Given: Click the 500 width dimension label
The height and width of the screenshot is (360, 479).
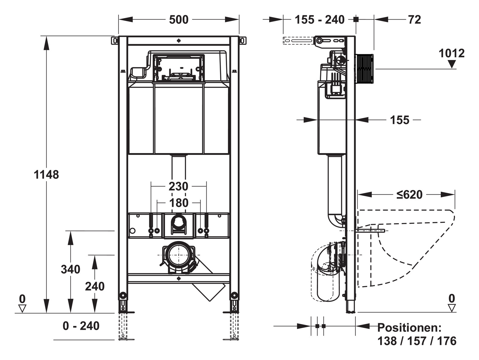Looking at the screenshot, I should coord(179,20).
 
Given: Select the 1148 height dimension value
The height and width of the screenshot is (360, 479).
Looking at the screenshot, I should coord(46,175).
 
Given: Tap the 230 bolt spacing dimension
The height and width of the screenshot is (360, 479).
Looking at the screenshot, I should coord(178,186).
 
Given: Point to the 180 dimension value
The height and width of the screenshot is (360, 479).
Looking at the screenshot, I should coord(179,203).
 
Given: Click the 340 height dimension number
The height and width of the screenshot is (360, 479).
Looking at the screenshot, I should coord(70,269).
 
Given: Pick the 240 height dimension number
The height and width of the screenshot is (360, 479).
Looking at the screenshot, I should coord(95,287).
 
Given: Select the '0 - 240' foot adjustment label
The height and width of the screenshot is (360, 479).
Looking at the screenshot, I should coord(81,326).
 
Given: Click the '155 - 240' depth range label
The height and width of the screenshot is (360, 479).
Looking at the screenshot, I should coord(320,20).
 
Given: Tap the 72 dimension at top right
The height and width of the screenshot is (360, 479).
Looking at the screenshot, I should coord(414,20).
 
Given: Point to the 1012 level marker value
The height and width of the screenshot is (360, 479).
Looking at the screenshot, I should coord(451,54).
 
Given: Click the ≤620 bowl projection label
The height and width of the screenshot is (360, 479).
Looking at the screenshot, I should coord(410,195).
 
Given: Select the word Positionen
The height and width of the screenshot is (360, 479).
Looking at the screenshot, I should coord(409,328).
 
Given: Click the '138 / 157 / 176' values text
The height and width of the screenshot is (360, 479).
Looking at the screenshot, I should coord(417,341).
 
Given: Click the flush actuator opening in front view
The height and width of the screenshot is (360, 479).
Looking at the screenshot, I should coord(178,69).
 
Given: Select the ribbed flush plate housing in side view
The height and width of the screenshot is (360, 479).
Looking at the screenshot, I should coord(365,69).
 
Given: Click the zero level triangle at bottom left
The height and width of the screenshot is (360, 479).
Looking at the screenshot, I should coord(22,308).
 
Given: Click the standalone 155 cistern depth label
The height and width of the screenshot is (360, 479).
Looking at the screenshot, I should coord(399,120).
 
